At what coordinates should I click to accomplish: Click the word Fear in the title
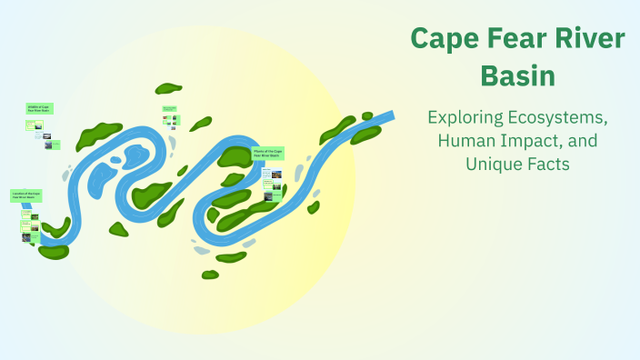pos(517,40)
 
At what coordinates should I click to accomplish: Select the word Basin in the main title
pos(517,76)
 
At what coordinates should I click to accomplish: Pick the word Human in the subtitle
pos(464,142)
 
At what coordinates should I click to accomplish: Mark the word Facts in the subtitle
pos(545,165)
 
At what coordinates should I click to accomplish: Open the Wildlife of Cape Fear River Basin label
pos(39,108)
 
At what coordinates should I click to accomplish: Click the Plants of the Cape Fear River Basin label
pos(267,153)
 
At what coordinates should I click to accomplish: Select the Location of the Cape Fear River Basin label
pos(25,195)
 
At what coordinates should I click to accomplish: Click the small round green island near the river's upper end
pos(367,116)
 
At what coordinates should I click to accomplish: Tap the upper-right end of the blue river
pos(389,116)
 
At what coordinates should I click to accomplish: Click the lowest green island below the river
pos(210,275)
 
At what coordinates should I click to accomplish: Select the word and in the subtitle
pos(579,142)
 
